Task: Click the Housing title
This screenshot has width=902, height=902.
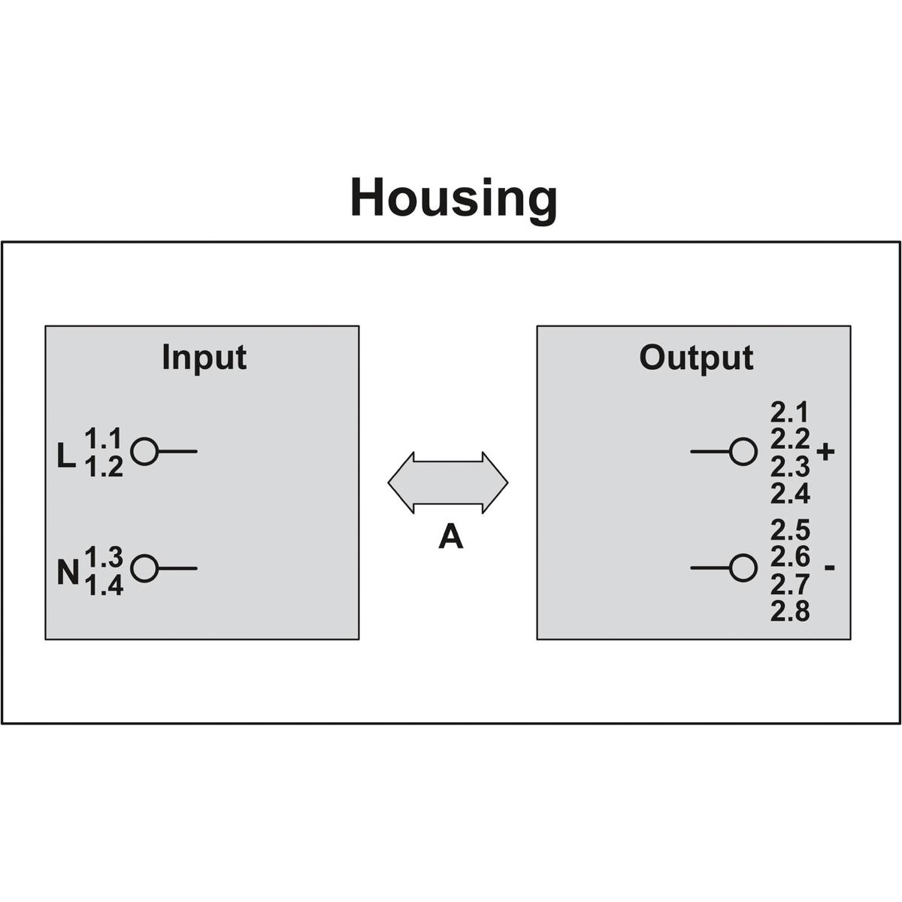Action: [x=453, y=200]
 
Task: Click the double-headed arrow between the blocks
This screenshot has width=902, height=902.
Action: [x=447, y=483]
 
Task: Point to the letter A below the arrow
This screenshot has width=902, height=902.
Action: [x=451, y=537]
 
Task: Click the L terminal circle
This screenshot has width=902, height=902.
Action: [x=144, y=452]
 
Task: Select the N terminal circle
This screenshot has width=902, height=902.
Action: [x=144, y=569]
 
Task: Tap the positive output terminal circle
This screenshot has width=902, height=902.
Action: [x=743, y=452]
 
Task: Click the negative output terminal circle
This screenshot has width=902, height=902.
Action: [x=743, y=568]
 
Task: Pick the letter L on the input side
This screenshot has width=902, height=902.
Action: [x=66, y=456]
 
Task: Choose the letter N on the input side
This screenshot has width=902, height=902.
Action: [x=68, y=573]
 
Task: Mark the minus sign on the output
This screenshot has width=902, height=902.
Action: [x=829, y=568]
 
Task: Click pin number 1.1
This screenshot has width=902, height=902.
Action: [x=104, y=438]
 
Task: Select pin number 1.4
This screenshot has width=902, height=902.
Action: [x=104, y=586]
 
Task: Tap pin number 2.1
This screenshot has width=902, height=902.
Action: [x=789, y=413]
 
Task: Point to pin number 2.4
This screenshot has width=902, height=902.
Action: [x=790, y=493]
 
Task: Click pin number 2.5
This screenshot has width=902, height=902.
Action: [x=790, y=530]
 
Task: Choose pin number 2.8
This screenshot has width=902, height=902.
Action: [x=790, y=611]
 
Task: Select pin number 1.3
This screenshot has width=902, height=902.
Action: [x=104, y=557]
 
